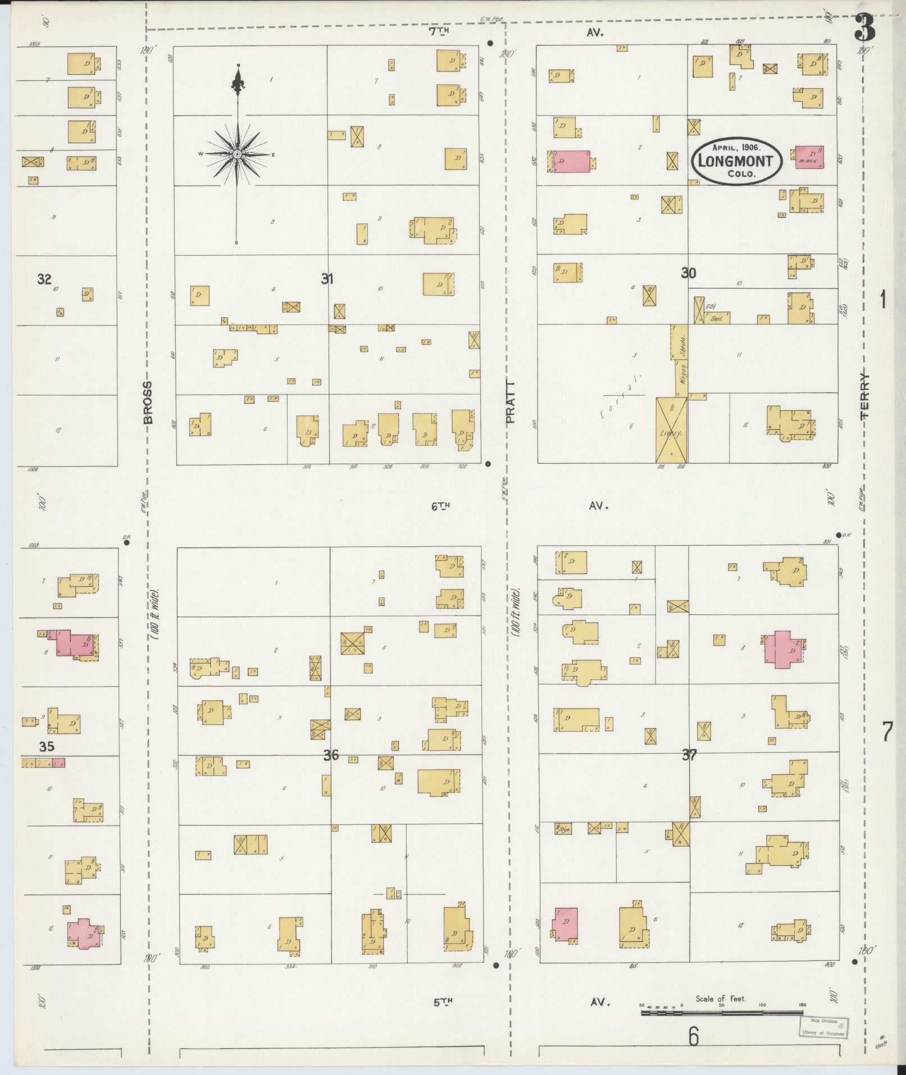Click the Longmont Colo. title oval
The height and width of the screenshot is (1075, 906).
(735, 160)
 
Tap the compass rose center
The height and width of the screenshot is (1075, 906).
(237, 154)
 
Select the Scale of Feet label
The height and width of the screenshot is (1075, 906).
(721, 999)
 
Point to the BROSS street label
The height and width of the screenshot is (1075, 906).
(147, 402)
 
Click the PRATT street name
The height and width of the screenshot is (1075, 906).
(509, 402)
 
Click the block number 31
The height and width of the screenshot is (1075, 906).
(327, 278)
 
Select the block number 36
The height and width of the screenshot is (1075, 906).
(331, 755)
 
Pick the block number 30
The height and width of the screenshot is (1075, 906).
(689, 273)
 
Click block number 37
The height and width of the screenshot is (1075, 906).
(689, 755)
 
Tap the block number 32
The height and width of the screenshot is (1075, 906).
(44, 279)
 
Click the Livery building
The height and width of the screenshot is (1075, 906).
(671, 431)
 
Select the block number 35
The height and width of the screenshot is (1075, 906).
(47, 747)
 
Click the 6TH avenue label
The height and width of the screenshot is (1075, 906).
(441, 506)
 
